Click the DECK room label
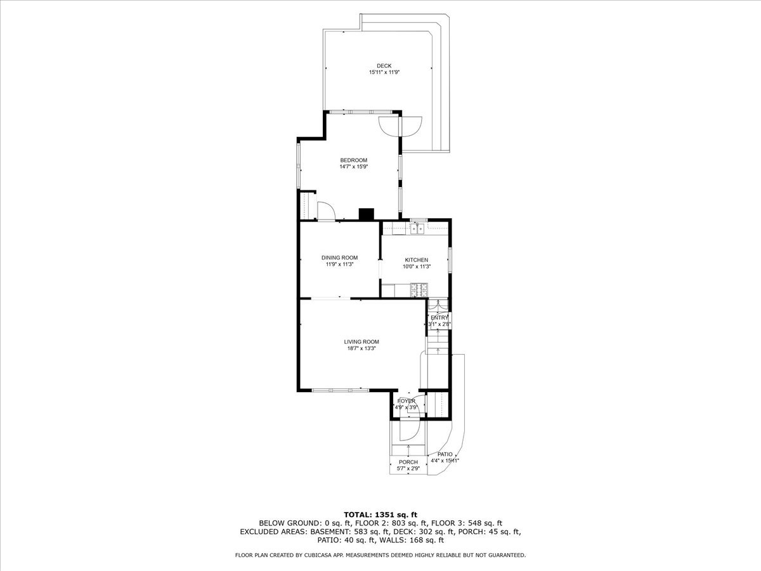coord(384,65)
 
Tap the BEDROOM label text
coord(353,160)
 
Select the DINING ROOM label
coord(339,257)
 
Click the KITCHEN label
coord(417,259)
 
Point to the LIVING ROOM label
coord(361,341)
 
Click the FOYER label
coord(406,401)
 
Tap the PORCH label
coord(408,462)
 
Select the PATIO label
coord(445,454)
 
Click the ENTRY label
coord(439,318)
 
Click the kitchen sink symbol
coord(417,228)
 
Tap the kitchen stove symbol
coord(419,291)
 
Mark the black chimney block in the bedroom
coord(366,214)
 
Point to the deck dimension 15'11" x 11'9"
coord(384,72)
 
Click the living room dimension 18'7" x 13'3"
coord(361,348)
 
